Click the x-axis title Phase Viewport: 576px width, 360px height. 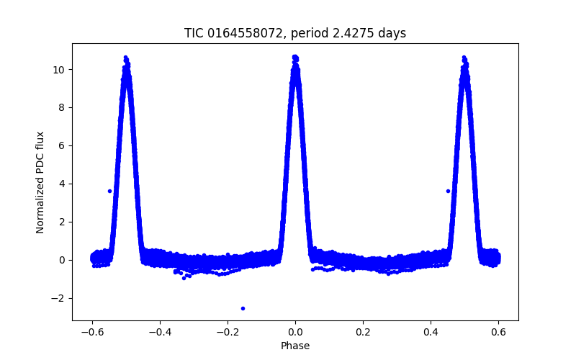coord(295,346)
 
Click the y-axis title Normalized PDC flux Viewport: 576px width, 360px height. coord(40,182)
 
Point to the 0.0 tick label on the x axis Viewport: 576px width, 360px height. coord(295,333)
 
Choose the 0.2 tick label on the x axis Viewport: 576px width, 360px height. coord(363,333)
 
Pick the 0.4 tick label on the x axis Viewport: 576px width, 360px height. coord(431,333)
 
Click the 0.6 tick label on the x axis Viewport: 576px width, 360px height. coord(498,333)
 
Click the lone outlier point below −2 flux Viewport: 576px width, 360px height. coord(243,308)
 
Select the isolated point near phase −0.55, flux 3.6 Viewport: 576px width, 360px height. coord(109,191)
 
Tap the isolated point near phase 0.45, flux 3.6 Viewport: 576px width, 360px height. coord(448,191)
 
